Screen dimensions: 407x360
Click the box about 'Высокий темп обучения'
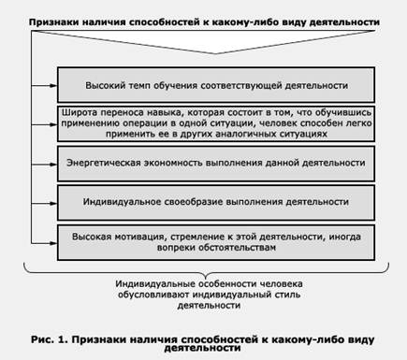point(216,85)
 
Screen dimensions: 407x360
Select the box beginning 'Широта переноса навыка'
point(216,123)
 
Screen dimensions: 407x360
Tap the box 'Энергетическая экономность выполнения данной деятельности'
point(216,164)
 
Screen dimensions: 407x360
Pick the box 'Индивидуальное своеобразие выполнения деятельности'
point(216,203)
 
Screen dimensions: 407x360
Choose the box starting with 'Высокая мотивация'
point(216,242)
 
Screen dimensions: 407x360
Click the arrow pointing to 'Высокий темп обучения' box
point(44,85)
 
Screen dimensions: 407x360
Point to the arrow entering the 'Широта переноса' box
point(44,124)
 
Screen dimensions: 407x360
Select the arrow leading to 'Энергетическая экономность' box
point(44,164)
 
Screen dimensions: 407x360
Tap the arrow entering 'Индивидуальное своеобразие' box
point(44,203)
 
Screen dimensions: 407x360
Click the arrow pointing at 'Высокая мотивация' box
point(44,243)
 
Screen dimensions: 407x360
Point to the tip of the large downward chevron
point(215,53)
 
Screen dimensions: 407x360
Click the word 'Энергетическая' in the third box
point(103,163)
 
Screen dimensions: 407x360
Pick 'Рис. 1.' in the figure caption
point(49,339)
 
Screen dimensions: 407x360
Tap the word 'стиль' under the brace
point(288,295)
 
